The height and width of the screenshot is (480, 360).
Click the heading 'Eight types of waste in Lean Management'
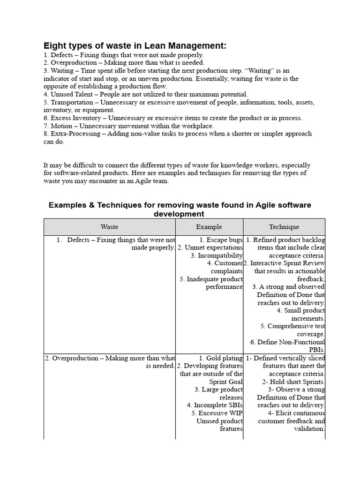coord(135,45)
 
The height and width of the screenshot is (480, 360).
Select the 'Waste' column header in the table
coord(109,227)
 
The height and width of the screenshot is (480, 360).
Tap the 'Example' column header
coord(209,227)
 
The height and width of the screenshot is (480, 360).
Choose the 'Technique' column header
coord(284,227)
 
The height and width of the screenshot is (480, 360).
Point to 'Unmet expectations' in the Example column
coord(214,247)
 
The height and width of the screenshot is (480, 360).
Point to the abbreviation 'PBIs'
coord(316,350)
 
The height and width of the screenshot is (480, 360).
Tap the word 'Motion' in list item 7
coord(61,126)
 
